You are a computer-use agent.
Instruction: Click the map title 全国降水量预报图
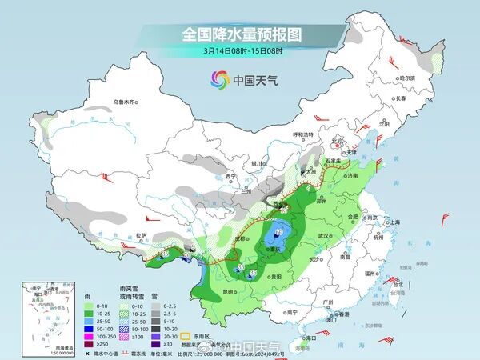[x=240, y=34]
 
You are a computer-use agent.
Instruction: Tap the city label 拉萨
[x=142, y=235]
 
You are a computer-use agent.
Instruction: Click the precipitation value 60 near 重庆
[x=278, y=233]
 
